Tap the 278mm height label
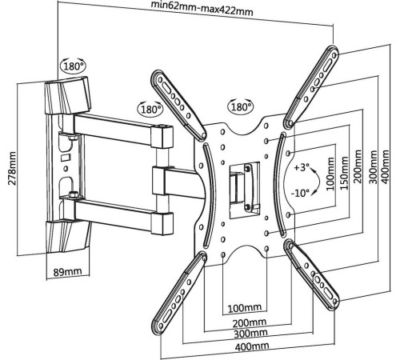pyautogui.click(x=12, y=168)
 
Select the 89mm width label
pyautogui.click(x=68, y=272)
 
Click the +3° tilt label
pyautogui.click(x=302, y=167)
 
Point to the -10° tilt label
pyautogui.click(x=300, y=193)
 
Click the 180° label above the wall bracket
pyautogui.click(x=74, y=66)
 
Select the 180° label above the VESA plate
pyautogui.click(x=242, y=107)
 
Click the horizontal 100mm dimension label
pyautogui.click(x=245, y=308)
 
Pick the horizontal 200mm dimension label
pyautogui.click(x=250, y=323)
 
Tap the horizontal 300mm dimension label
pyautogui.click(x=250, y=333)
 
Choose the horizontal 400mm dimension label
pyautogui.click(x=252, y=346)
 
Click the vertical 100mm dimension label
pyautogui.click(x=330, y=174)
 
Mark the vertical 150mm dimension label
pyautogui.click(x=344, y=174)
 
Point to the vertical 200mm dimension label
pyautogui.click(x=358, y=166)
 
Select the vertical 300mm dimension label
pyautogui.click(x=374, y=167)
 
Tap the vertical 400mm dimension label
pyautogui.click(x=385, y=167)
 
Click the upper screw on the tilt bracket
pyautogui.click(x=247, y=168)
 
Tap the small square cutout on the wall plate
pyautogui.click(x=65, y=158)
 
